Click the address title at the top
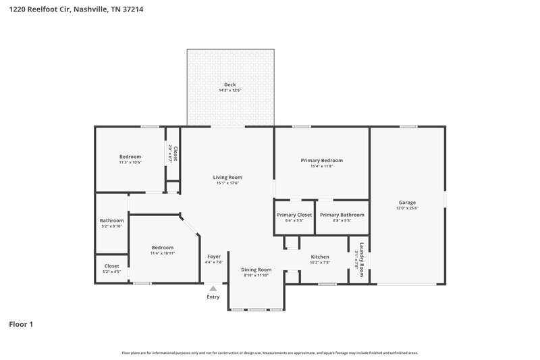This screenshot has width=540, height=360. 75,10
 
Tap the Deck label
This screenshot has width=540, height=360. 230,84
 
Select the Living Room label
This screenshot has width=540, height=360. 227,178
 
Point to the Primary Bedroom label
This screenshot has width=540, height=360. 321,161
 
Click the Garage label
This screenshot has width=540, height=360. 406,203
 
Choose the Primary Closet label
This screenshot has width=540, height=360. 294,215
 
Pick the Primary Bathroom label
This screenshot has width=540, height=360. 342,215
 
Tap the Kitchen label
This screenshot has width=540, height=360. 319,257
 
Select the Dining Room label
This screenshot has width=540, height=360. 256,269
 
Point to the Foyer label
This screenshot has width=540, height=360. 214,257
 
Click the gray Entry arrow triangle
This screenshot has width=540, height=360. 213,288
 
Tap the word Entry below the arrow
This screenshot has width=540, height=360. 213,297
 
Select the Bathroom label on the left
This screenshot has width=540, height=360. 111,220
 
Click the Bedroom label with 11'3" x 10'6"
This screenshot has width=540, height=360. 130,157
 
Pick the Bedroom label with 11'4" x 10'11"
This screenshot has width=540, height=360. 162,247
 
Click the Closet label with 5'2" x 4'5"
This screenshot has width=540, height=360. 111,266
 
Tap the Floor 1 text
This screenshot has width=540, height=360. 20,324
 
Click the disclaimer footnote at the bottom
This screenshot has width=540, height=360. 269,353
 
